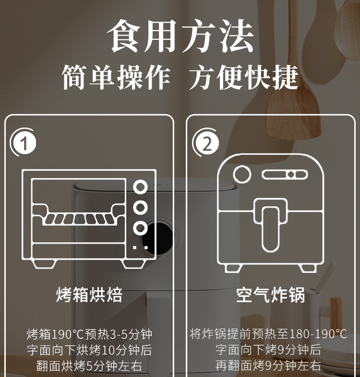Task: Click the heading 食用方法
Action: click(180, 36)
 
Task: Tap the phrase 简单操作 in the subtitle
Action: click(116, 77)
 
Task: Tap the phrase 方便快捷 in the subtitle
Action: click(243, 77)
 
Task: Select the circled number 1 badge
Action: click(24, 142)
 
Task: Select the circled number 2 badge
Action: click(206, 143)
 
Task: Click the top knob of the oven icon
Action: click(141, 187)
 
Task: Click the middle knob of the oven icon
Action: click(141, 208)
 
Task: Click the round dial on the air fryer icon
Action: click(242, 174)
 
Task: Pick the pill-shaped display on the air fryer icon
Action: click(285, 175)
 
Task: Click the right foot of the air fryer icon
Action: click(308, 268)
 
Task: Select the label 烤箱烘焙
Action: click(89, 295)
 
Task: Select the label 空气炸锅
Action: click(271, 295)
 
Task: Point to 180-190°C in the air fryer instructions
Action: click(318, 334)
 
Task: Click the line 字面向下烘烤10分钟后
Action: click(89, 350)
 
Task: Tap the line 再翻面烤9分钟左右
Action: click(268, 365)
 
